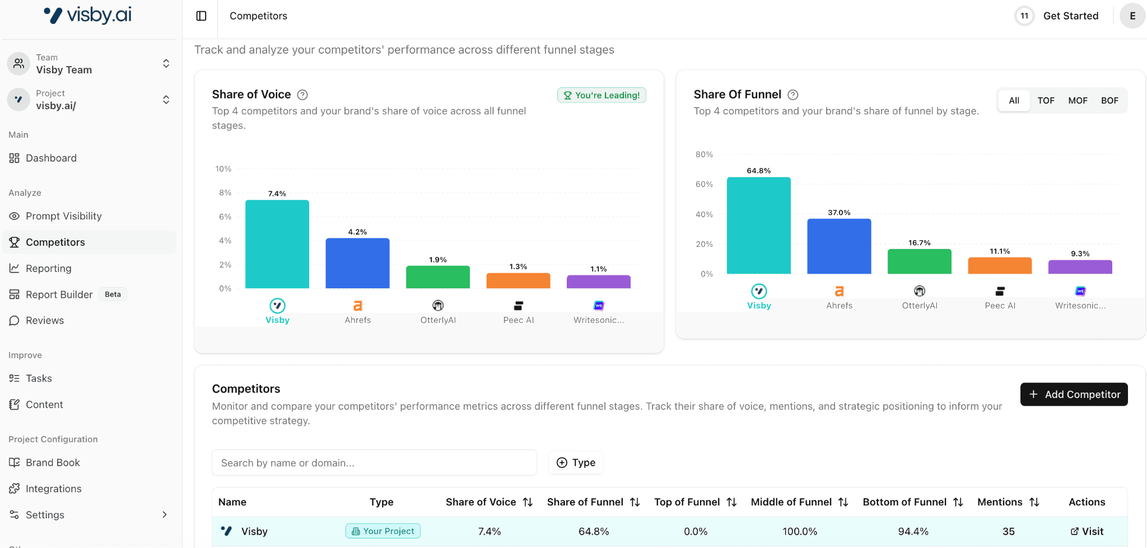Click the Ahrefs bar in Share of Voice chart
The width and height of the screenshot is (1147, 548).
[357, 263]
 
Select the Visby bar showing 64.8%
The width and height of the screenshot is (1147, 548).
[758, 226]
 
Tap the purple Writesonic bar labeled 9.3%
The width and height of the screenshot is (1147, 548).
[1080, 267]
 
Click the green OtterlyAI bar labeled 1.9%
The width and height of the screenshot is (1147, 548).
[437, 277]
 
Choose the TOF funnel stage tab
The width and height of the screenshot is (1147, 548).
[1046, 101]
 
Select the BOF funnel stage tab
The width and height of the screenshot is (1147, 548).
[1109, 101]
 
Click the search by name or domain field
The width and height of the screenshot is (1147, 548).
[374, 463]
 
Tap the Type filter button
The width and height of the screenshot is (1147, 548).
[576, 463]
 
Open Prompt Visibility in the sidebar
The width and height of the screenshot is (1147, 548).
[63, 216]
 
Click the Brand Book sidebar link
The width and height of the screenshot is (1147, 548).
[53, 463]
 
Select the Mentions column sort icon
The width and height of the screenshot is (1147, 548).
[1034, 503]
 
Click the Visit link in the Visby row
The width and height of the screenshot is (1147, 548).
[1087, 532]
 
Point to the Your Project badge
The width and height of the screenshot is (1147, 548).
[383, 531]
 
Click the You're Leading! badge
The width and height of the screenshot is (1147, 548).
[602, 95]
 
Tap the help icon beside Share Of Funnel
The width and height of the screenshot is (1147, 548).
[793, 95]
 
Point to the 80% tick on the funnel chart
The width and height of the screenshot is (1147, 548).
[704, 154]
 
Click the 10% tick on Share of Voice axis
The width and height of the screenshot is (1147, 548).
[223, 169]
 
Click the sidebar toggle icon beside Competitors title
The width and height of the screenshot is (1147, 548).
[202, 16]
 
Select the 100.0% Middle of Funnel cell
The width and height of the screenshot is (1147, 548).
[799, 532]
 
